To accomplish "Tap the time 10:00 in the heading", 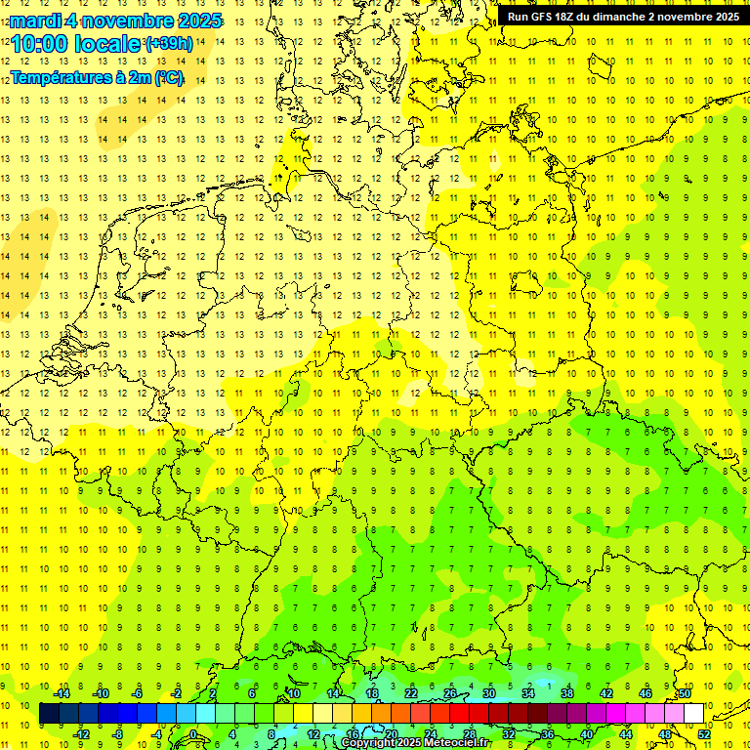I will tap(36, 44).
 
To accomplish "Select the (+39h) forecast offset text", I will tap(168, 44).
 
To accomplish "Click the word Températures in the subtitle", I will tap(56, 77).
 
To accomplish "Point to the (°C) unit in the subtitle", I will tap(167, 77).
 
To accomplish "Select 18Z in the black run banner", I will tap(566, 17).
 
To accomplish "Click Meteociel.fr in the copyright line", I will tap(465, 743).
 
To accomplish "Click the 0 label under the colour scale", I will tap(193, 734).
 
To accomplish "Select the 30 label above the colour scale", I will tap(489, 693).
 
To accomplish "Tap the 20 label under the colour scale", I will tap(391, 734).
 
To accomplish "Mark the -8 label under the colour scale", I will tap(118, 734).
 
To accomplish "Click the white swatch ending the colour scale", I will tap(693, 714).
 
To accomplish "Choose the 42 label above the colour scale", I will tap(606, 693).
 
